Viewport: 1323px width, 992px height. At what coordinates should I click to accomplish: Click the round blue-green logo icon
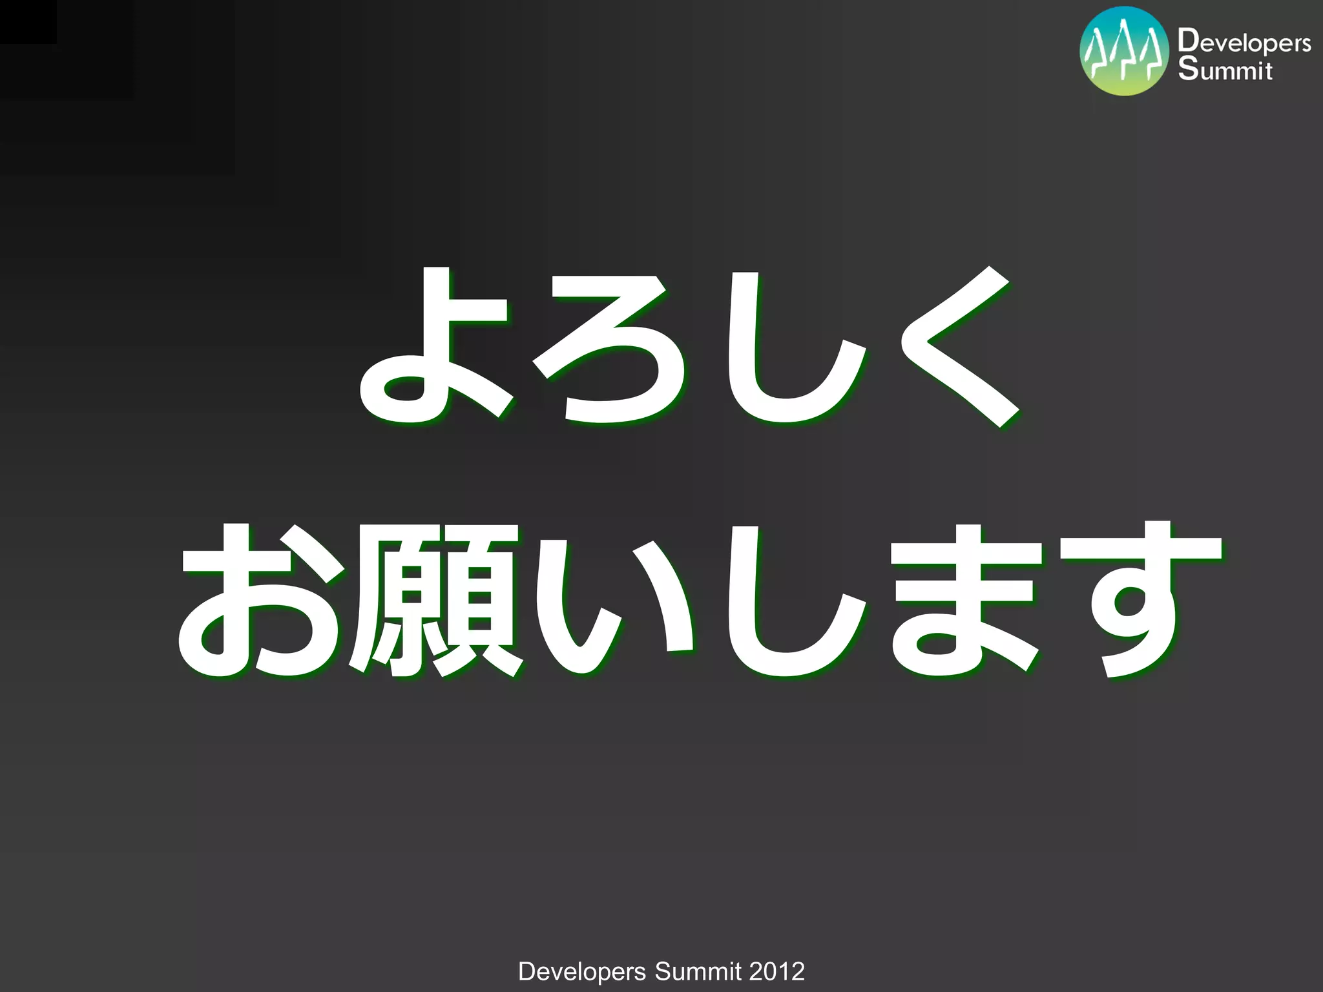pyautogui.click(x=1124, y=51)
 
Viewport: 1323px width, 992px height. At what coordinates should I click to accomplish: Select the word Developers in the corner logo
pyautogui.click(x=1244, y=41)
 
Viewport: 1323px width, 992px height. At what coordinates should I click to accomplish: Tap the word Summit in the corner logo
pyautogui.click(x=1225, y=70)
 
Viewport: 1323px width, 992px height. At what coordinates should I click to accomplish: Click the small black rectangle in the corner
pyautogui.click(x=28, y=21)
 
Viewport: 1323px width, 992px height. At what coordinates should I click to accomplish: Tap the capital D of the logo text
pyautogui.click(x=1187, y=40)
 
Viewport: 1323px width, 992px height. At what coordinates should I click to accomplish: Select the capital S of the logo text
pyautogui.click(x=1187, y=68)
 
